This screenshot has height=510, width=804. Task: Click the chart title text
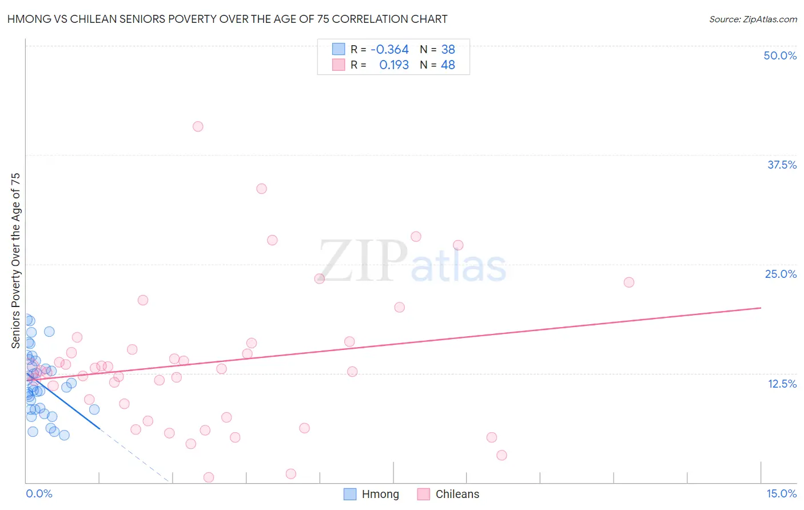click(x=227, y=19)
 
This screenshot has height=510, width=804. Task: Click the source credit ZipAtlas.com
click(x=753, y=19)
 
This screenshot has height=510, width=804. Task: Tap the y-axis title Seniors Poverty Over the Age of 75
click(x=15, y=261)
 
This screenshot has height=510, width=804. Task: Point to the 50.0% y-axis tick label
click(x=780, y=55)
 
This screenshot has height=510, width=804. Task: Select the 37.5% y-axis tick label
click(x=782, y=165)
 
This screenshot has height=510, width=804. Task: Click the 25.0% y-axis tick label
click(x=781, y=274)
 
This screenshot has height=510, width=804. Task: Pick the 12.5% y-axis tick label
click(x=782, y=384)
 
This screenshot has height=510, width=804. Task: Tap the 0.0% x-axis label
click(x=39, y=493)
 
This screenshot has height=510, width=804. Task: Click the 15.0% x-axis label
click(x=781, y=493)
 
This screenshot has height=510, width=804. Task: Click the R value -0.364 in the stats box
click(x=389, y=50)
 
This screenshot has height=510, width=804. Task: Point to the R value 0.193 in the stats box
click(x=394, y=65)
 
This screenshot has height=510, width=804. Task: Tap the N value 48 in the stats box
click(x=448, y=65)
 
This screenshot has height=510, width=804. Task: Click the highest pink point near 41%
click(x=198, y=126)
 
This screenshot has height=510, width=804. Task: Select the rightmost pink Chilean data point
click(x=629, y=282)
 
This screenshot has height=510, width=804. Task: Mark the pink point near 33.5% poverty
click(x=261, y=189)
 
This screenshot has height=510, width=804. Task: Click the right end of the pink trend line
click(x=761, y=308)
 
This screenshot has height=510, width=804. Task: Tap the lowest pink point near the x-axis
click(x=209, y=477)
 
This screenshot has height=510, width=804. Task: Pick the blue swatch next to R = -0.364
click(x=339, y=49)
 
